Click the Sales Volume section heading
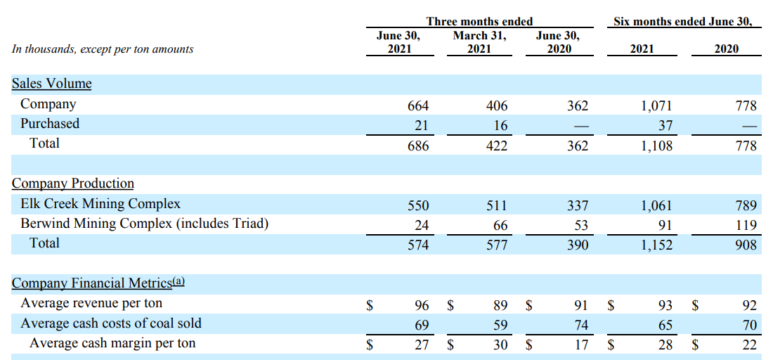pyautogui.click(x=51, y=84)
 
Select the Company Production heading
pyautogui.click(x=72, y=184)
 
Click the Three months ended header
pyautogui.click(x=479, y=21)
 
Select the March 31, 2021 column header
pyautogui.click(x=479, y=41)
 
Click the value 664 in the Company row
pyautogui.click(x=418, y=106)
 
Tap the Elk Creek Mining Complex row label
pyautogui.click(x=100, y=204)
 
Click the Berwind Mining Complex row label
pyautogui.click(x=144, y=224)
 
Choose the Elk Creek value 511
pyautogui.click(x=497, y=206)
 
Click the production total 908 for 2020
pyautogui.click(x=746, y=245)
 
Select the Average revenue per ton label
pyautogui.click(x=91, y=303)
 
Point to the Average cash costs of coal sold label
pyautogui.click(x=111, y=323)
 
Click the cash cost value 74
pyautogui.click(x=581, y=325)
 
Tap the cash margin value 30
pyautogui.click(x=500, y=345)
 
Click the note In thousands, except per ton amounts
pyautogui.click(x=103, y=49)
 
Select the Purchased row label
pyautogui.click(x=50, y=124)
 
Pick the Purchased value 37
pyautogui.click(x=665, y=126)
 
